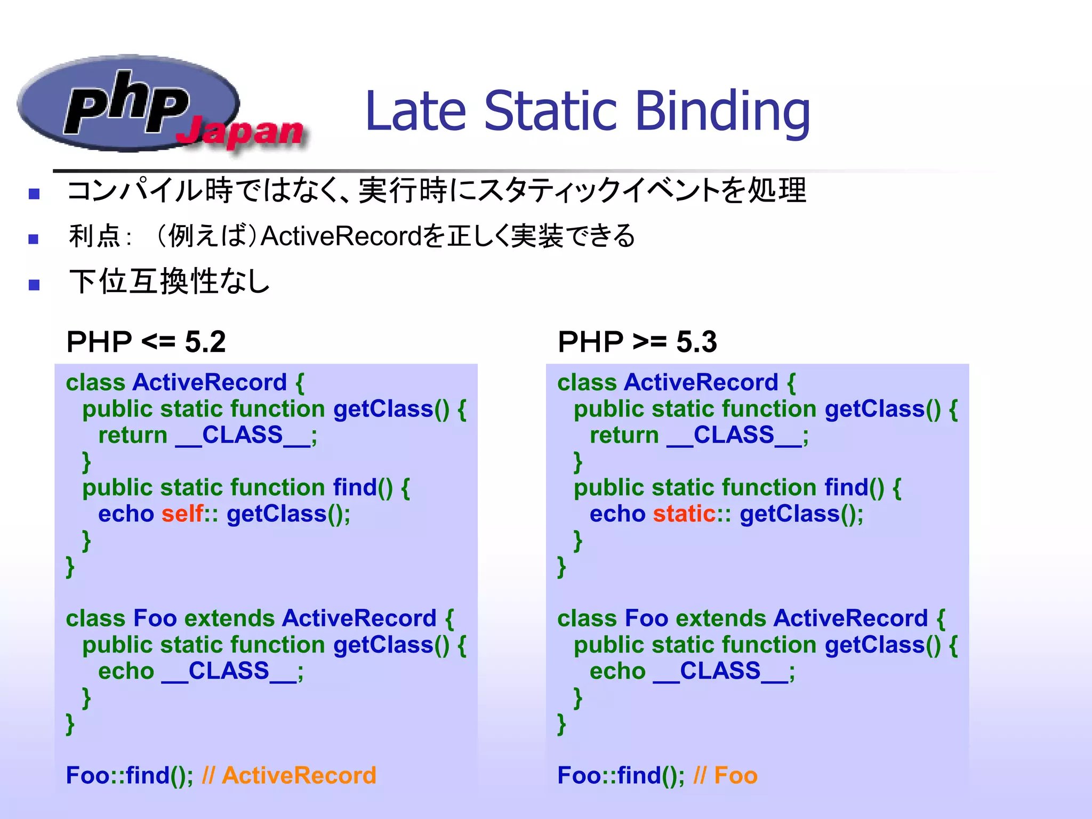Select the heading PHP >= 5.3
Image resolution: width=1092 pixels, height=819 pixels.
637,342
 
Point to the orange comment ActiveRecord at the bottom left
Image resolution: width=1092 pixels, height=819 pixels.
299,775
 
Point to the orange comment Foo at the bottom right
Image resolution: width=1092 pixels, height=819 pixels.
736,775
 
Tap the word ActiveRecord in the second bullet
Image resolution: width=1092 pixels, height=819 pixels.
341,236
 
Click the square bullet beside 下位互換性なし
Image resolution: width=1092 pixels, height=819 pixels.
34,285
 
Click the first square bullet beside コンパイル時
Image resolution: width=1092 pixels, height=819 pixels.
34,194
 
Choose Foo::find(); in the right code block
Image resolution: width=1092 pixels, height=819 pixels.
621,775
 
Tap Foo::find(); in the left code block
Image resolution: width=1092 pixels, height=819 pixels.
129,775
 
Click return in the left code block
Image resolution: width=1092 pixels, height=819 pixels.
133,435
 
